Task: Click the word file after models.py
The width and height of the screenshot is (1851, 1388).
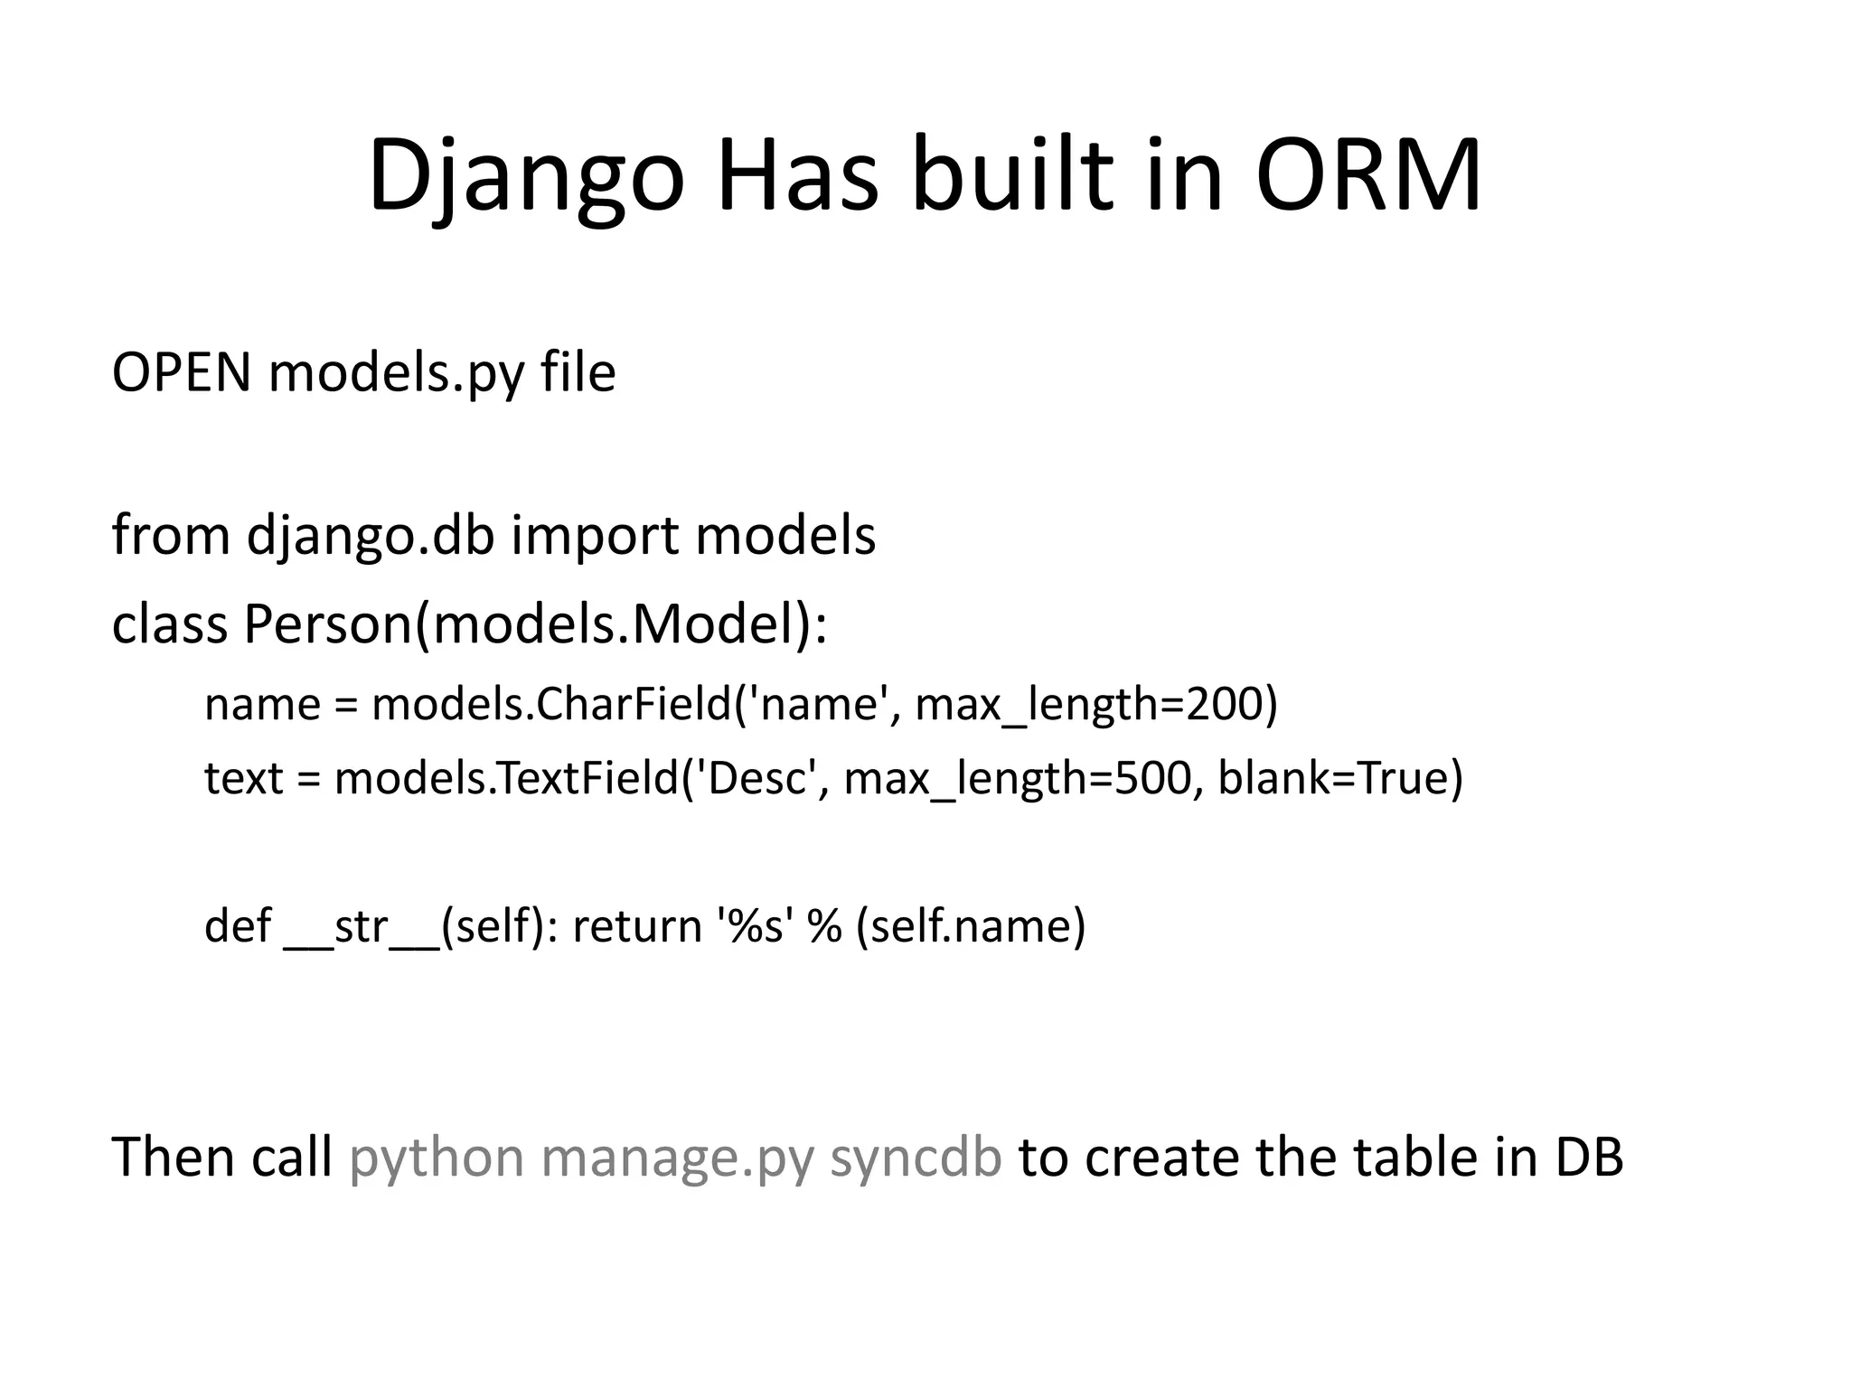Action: click(x=578, y=372)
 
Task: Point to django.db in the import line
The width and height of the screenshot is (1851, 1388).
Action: click(x=371, y=535)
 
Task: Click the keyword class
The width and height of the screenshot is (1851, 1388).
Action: click(x=169, y=624)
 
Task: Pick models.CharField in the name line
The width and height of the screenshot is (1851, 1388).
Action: click(x=550, y=704)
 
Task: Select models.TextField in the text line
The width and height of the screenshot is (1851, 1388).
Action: click(x=506, y=778)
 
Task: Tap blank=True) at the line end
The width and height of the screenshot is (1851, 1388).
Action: click(x=1339, y=778)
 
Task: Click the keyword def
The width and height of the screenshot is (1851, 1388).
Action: click(x=237, y=926)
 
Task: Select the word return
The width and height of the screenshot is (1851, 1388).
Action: click(x=637, y=926)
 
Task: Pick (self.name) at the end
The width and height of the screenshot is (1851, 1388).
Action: click(x=971, y=926)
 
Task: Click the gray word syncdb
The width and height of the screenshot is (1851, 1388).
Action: click(x=916, y=1158)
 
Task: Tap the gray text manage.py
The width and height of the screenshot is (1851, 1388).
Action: click(x=677, y=1158)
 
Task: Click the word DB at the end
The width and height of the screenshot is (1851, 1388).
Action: click(x=1589, y=1158)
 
